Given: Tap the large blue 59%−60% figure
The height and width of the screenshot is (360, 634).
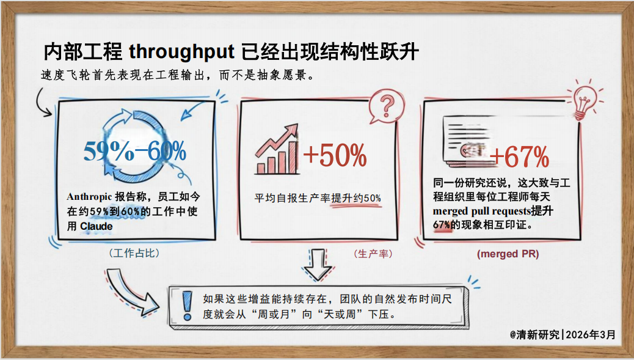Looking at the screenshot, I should click(134, 151).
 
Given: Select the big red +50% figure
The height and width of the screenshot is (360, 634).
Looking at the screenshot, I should click(335, 156).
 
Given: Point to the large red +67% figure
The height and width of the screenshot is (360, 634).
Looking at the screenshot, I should click(519, 157).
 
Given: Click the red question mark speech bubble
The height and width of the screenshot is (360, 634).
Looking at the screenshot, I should click(384, 105).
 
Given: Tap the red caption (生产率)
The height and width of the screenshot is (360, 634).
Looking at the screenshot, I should click(373, 253).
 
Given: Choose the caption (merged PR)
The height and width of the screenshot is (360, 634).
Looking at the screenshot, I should click(508, 254).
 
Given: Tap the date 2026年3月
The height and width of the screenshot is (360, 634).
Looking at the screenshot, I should click(591, 334).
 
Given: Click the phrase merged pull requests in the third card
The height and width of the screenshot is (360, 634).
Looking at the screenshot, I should click(481, 211).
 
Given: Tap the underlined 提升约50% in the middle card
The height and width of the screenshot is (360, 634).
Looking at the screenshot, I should click(357, 198).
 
